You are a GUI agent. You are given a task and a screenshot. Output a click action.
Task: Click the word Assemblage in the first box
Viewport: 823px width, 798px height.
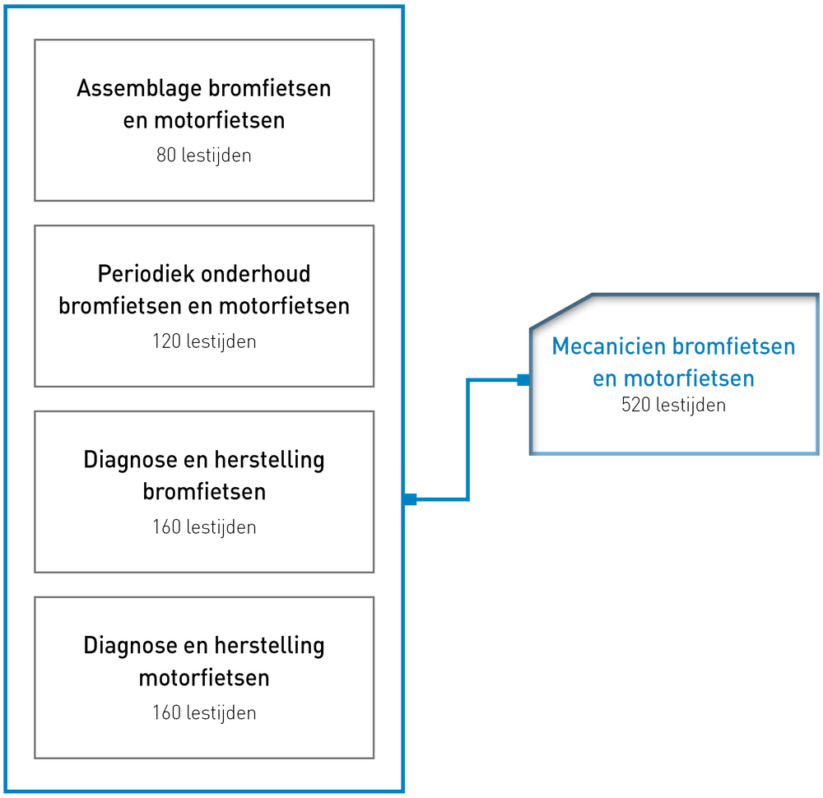(x=139, y=89)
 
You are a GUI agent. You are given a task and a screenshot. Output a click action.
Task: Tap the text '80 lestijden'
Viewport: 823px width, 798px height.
(x=203, y=155)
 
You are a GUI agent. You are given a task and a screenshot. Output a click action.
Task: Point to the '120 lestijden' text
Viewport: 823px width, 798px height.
(x=203, y=341)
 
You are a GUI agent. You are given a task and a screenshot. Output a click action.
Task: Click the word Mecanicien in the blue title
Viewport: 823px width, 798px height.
(x=609, y=346)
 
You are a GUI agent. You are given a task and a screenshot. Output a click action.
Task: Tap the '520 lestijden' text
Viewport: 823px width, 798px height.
(x=673, y=405)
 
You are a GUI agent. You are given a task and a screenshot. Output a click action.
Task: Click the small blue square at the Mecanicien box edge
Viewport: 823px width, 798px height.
(x=523, y=380)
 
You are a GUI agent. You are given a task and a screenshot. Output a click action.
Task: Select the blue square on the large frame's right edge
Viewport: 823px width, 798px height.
(x=411, y=499)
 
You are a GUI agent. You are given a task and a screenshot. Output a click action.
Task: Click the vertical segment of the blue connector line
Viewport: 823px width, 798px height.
(x=467, y=439)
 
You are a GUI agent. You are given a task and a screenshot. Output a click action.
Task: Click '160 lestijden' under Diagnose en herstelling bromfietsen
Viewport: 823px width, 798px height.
(x=203, y=527)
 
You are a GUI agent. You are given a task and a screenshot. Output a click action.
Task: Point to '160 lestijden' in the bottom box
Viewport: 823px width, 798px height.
(x=203, y=713)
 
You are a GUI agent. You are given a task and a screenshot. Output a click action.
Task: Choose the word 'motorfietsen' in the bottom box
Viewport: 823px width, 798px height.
(x=203, y=677)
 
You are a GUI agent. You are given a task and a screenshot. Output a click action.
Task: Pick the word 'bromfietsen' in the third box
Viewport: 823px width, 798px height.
(x=203, y=492)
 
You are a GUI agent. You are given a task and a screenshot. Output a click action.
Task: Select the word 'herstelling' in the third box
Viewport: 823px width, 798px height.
(x=269, y=460)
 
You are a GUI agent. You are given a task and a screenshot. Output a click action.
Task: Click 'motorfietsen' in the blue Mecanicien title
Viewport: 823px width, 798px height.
(x=689, y=378)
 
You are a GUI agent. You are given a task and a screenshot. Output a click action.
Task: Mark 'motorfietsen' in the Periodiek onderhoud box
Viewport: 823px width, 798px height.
(x=284, y=306)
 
